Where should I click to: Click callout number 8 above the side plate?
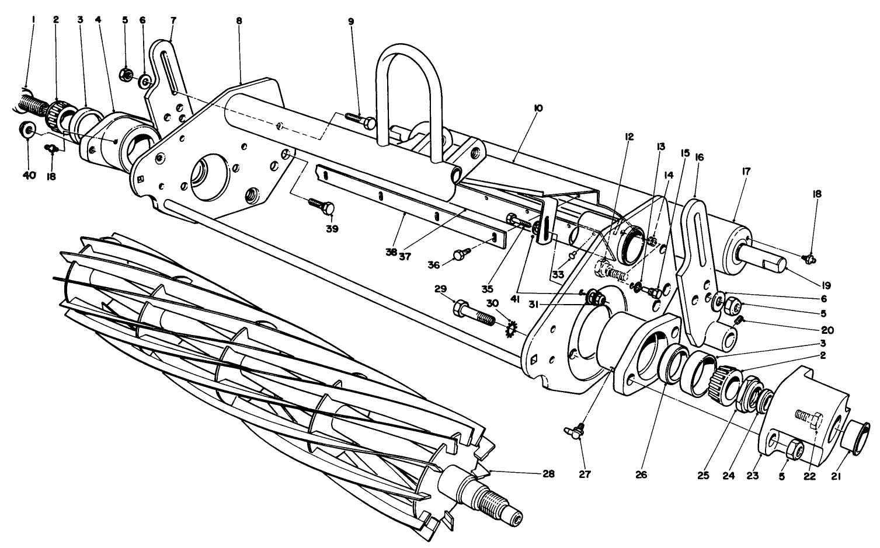tap(239, 20)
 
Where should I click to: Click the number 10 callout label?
tap(538, 109)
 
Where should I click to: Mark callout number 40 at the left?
tap(29, 176)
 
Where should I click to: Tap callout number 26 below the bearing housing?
tap(641, 474)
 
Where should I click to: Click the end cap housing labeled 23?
tap(806, 409)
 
